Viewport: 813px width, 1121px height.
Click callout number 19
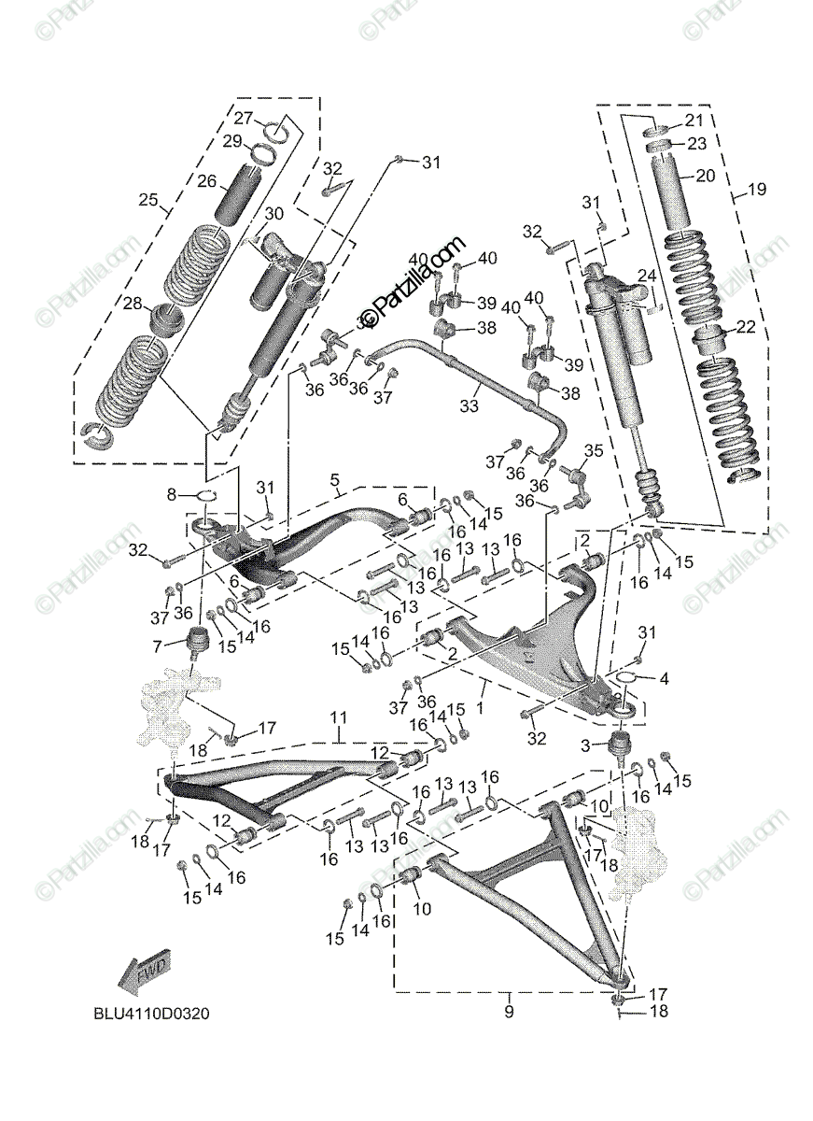(756, 190)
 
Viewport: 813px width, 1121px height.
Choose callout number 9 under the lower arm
(509, 1011)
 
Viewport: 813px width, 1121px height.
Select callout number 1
(481, 688)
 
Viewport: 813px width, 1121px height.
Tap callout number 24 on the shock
(646, 275)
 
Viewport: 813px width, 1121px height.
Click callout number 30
(273, 213)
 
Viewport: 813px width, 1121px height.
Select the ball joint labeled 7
(198, 644)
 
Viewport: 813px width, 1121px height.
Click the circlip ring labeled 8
(205, 496)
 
